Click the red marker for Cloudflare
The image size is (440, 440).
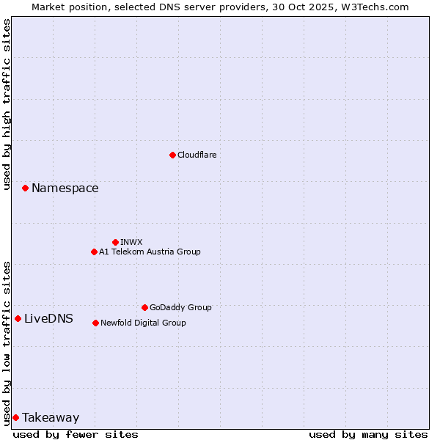pos(172,155)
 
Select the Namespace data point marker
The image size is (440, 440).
pos(25,188)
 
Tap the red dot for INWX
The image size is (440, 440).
pos(115,242)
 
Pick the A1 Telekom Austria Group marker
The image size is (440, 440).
pos(94,252)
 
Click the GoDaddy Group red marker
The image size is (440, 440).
pos(144,307)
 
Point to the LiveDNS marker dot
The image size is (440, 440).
pos(18,318)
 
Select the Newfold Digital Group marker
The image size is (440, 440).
pos(95,323)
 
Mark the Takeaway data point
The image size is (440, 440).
pos(15,417)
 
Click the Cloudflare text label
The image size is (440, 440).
pos(197,155)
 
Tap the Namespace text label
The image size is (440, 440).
pos(65,188)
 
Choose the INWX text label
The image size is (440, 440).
pos(131,242)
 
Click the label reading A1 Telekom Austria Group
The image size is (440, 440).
pos(150,252)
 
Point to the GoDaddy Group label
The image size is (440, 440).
pos(180,307)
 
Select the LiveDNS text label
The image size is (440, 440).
pos(48,318)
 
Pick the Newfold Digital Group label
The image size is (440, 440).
pos(143,323)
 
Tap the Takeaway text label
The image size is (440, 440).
pos(51,418)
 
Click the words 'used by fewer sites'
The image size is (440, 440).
pos(76,434)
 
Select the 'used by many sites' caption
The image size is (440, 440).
pos(368,434)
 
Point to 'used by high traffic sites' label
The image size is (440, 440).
pos(7,104)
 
